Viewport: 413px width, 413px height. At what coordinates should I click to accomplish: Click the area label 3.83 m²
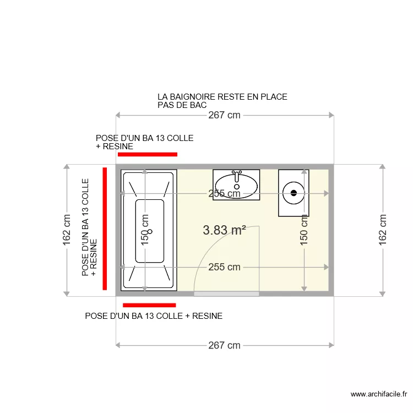coord(224,230)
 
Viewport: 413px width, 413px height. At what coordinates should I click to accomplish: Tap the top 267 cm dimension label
coord(224,115)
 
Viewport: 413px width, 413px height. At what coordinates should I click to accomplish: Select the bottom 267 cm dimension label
coord(224,345)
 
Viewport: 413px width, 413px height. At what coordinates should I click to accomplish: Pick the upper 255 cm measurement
coord(224,193)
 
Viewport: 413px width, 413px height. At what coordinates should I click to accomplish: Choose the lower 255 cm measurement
coord(224,267)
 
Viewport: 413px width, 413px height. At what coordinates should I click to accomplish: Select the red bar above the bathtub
coord(147,155)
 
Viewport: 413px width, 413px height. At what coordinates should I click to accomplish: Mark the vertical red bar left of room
coord(104,228)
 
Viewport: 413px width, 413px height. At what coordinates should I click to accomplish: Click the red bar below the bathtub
coord(149,305)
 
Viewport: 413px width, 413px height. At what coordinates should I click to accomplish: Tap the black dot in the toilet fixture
coord(294,193)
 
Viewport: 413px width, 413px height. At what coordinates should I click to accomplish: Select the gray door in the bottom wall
coord(226,294)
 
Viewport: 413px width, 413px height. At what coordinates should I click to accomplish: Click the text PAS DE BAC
coord(182,105)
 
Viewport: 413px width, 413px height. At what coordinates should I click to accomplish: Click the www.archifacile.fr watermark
coord(378,394)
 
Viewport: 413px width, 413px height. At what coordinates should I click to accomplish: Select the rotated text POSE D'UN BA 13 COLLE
coord(85,227)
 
